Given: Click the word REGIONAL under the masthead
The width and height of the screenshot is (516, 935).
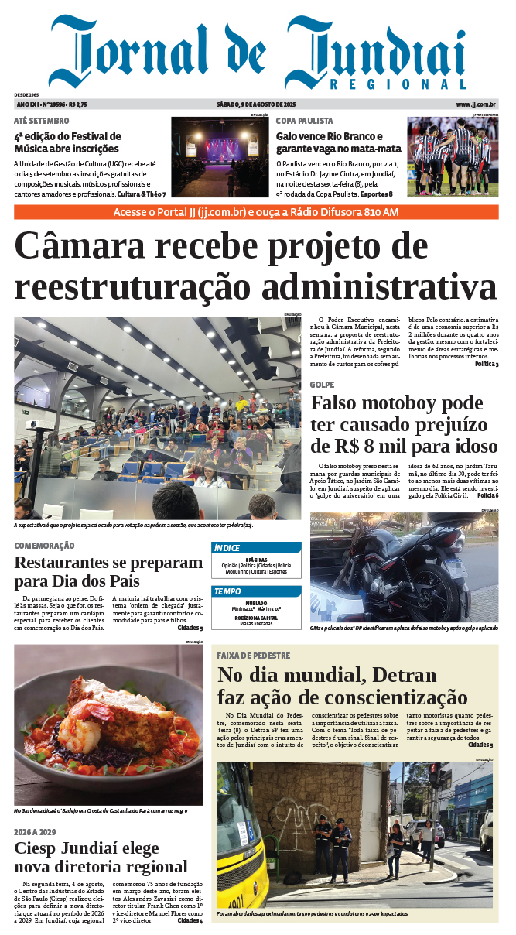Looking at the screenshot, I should click(x=398, y=84).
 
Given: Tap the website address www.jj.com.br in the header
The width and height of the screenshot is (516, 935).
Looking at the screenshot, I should click(x=476, y=104).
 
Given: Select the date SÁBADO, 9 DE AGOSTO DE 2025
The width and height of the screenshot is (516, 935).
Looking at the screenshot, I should click(x=257, y=104).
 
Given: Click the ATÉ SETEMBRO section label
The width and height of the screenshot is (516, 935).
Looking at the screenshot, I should click(x=41, y=121).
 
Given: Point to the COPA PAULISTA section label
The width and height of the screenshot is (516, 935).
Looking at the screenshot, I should click(x=305, y=121).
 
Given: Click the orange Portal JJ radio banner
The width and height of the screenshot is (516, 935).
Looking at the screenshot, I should click(x=256, y=212).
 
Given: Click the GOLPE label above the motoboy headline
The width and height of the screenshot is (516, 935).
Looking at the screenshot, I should click(x=322, y=385).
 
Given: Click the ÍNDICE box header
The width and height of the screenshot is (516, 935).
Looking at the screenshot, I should click(x=227, y=548).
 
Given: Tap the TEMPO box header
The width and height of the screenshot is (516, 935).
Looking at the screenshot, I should click(x=227, y=591).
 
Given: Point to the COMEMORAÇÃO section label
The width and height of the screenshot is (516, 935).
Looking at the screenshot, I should click(x=44, y=546).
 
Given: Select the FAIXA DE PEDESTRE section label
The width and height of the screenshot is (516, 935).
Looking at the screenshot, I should click(x=253, y=656).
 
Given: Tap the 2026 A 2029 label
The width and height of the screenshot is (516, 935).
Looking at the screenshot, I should click(x=35, y=831).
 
